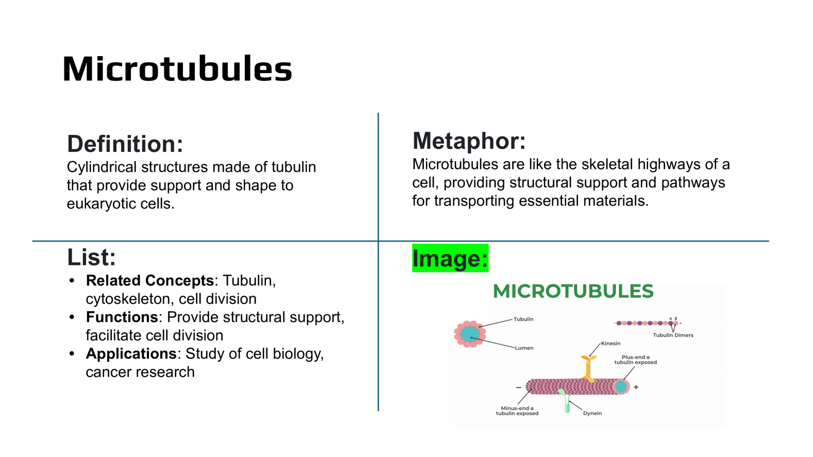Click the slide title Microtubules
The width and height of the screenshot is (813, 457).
(x=177, y=68)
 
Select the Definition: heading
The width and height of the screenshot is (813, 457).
(x=125, y=144)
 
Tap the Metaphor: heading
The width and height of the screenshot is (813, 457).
(x=469, y=141)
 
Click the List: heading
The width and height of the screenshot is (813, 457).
(x=92, y=257)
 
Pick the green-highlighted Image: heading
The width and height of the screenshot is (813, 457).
(x=450, y=258)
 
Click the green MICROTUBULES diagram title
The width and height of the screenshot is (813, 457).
(x=573, y=291)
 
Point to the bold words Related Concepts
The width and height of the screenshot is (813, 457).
(x=149, y=280)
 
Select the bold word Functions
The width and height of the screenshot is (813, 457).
(x=122, y=317)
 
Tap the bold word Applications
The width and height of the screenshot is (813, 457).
(x=131, y=354)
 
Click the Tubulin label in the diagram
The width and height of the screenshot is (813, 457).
(x=523, y=319)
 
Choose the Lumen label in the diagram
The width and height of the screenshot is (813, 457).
(x=524, y=348)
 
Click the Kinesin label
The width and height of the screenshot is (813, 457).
(x=611, y=343)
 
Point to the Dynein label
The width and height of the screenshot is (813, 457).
(x=592, y=413)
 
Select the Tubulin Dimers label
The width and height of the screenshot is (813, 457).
(x=673, y=335)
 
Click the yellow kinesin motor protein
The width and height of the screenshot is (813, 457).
(x=588, y=368)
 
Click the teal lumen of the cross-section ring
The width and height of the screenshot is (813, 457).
(x=470, y=334)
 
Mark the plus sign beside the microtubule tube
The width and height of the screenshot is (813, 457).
(x=636, y=387)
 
